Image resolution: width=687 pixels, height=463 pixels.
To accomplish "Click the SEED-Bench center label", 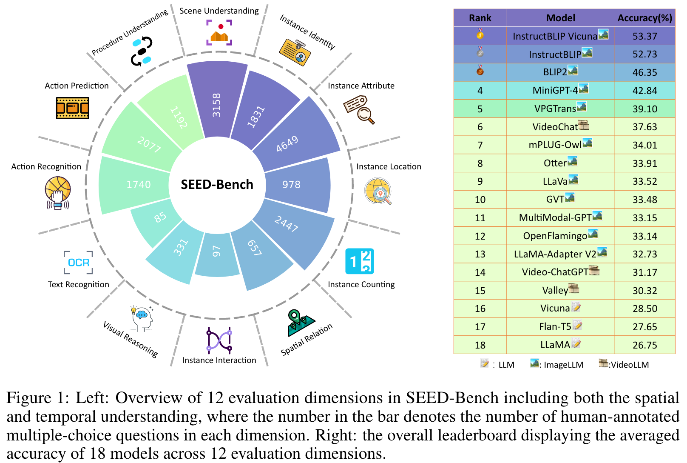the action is click(217, 184).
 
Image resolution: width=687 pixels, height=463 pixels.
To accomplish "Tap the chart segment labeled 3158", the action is click(217, 102).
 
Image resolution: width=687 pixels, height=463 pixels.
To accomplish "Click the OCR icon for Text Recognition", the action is click(79, 262).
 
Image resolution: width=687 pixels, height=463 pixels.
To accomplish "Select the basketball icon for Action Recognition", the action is click(58, 193).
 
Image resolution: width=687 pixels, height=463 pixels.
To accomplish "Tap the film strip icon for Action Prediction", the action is click(73, 108).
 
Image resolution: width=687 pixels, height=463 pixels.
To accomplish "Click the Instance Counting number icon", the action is click(360, 261).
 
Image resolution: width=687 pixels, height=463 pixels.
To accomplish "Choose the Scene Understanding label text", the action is click(219, 11).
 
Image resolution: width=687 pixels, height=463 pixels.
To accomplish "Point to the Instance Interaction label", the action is click(219, 360).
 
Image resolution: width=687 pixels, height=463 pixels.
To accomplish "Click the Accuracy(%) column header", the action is click(644, 18).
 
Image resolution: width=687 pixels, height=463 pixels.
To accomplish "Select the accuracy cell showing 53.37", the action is click(644, 36).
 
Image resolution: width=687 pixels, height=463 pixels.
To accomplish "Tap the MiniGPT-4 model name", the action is click(555, 90).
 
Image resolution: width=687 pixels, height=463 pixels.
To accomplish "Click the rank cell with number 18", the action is click(480, 345).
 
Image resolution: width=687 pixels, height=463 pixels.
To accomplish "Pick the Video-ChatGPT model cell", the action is click(555, 272).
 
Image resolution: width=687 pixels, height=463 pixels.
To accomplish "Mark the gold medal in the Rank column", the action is click(480, 34).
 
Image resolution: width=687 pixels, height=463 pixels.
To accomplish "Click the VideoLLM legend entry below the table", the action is click(624, 364).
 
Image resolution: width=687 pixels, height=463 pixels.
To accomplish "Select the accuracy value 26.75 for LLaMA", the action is click(644, 345).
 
